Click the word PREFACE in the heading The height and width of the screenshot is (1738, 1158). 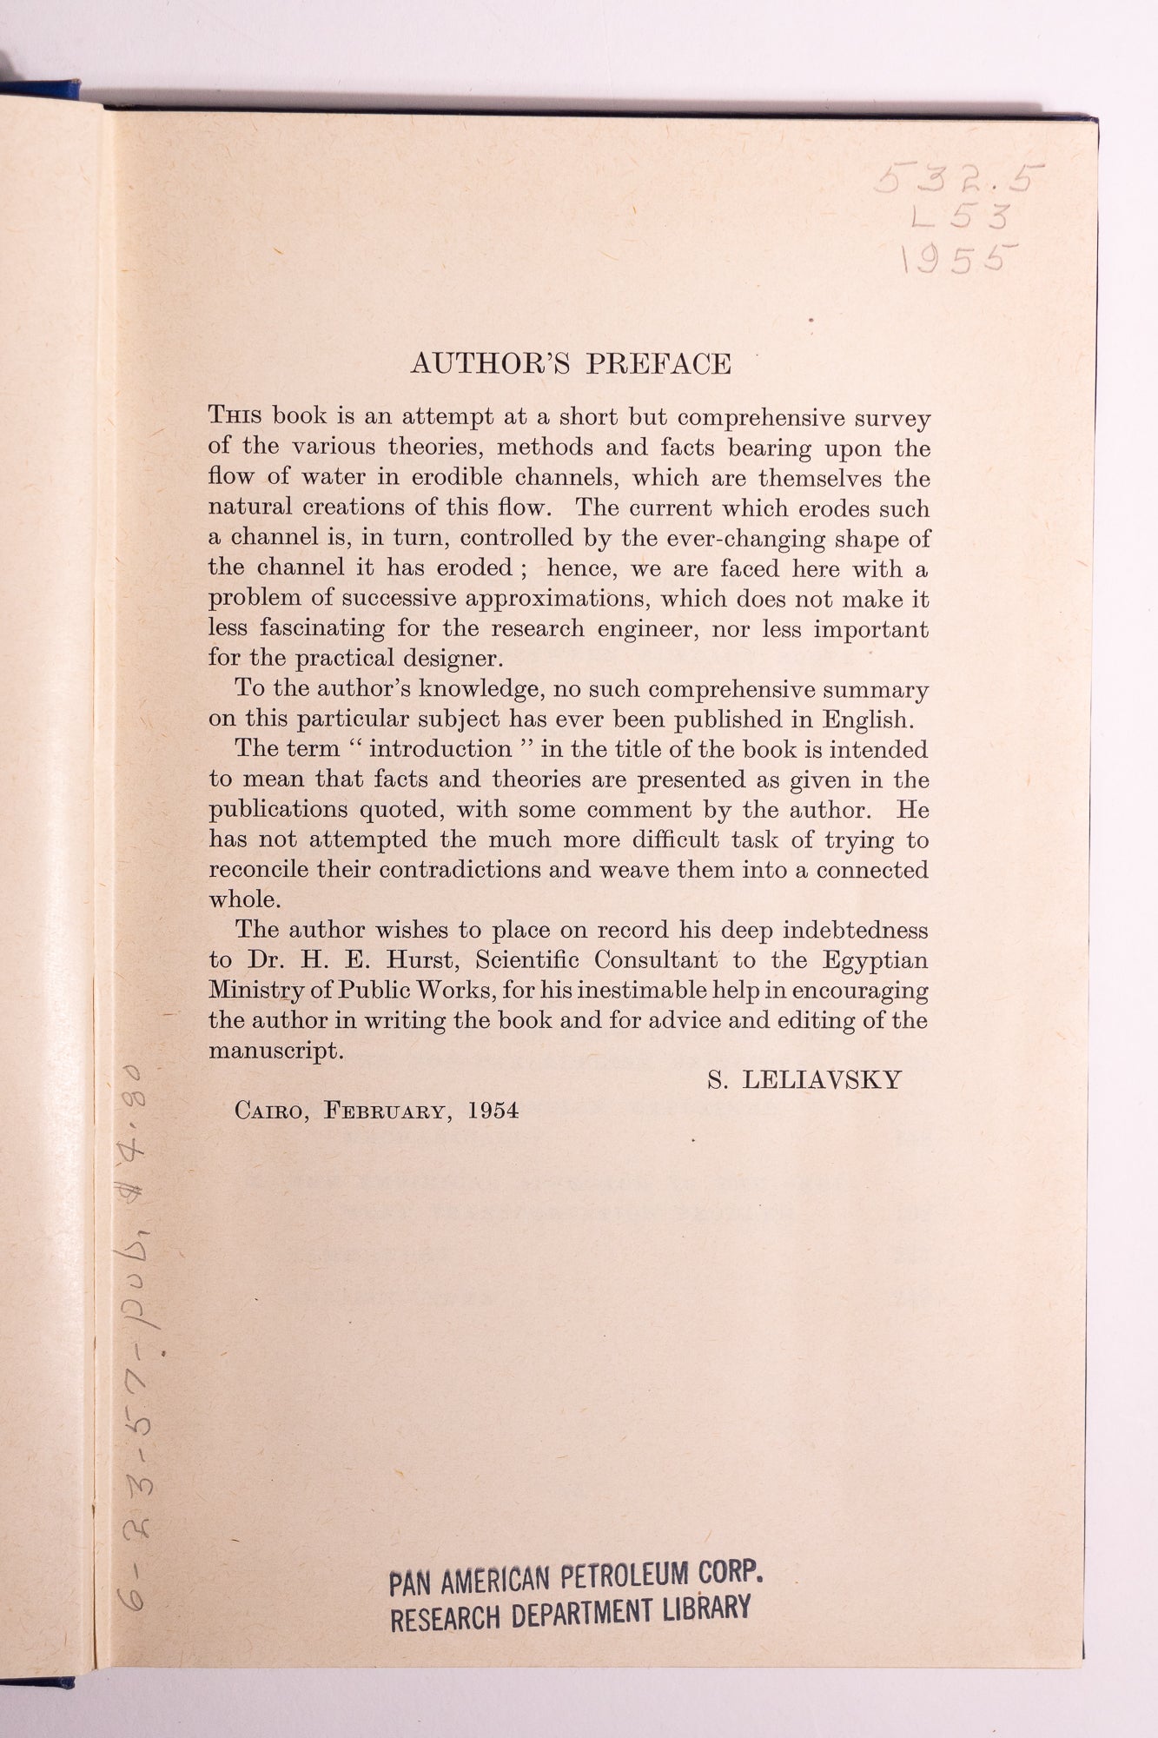[x=658, y=363]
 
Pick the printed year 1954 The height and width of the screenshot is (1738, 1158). [x=493, y=1111]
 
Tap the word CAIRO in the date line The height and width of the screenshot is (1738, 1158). [x=272, y=1111]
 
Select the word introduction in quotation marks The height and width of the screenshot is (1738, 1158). [x=440, y=749]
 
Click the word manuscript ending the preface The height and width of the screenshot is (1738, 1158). [x=275, y=1051]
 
